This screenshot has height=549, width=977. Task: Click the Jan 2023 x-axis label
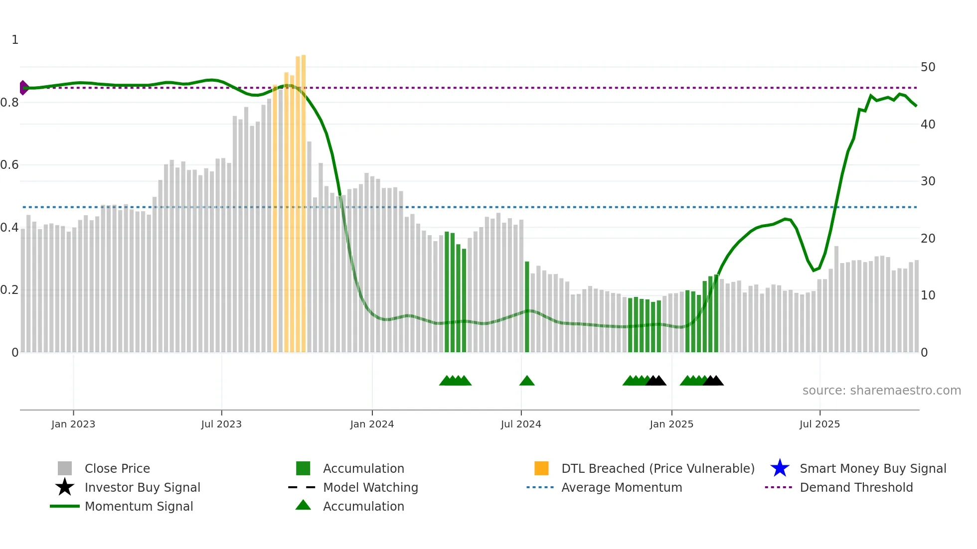(73, 424)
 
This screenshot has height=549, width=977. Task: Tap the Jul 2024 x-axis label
(521, 424)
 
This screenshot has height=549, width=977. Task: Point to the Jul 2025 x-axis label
(819, 424)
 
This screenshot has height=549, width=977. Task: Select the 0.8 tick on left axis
(9, 103)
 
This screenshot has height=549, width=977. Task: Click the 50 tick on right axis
(928, 67)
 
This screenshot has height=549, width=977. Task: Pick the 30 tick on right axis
(928, 181)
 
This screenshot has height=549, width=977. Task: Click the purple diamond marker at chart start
(23, 88)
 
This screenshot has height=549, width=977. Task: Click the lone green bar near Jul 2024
(527, 306)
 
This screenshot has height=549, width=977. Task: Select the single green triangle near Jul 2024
(527, 381)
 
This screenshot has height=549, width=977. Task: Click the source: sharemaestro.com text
(881, 391)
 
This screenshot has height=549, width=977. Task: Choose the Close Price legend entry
(117, 468)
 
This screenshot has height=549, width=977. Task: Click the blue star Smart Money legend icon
(780, 468)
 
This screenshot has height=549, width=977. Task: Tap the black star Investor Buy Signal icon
(65, 487)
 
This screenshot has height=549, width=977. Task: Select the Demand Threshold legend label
(856, 487)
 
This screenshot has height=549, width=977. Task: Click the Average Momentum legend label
(621, 487)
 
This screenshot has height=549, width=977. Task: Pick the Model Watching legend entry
(370, 487)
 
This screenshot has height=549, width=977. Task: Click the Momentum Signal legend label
(139, 506)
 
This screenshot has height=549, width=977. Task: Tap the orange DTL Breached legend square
(541, 468)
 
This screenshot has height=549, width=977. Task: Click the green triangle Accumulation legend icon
(303, 505)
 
